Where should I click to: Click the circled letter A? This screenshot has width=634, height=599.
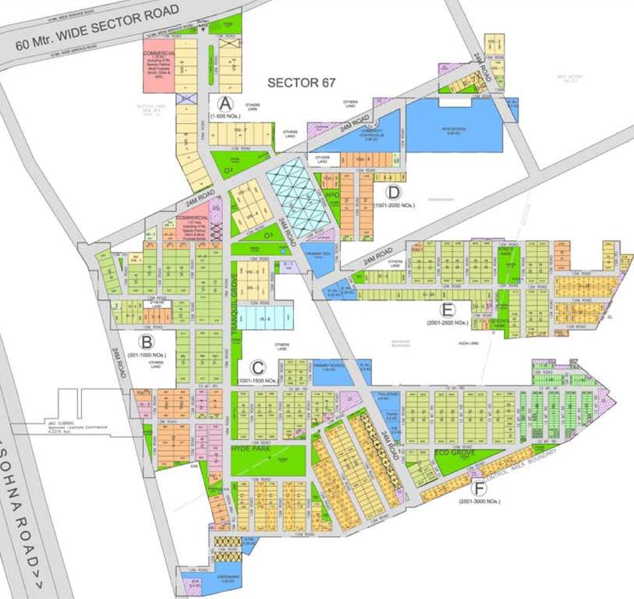click(226, 104)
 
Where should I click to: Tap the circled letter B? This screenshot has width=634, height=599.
click(145, 341)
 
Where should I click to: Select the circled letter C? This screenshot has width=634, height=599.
click(257, 367)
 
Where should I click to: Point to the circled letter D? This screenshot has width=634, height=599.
click(394, 193)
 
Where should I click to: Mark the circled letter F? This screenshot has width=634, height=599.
click(480, 489)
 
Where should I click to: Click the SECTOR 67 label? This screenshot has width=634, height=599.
click(296, 82)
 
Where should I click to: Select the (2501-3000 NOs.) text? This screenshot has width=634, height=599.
click(480, 502)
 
